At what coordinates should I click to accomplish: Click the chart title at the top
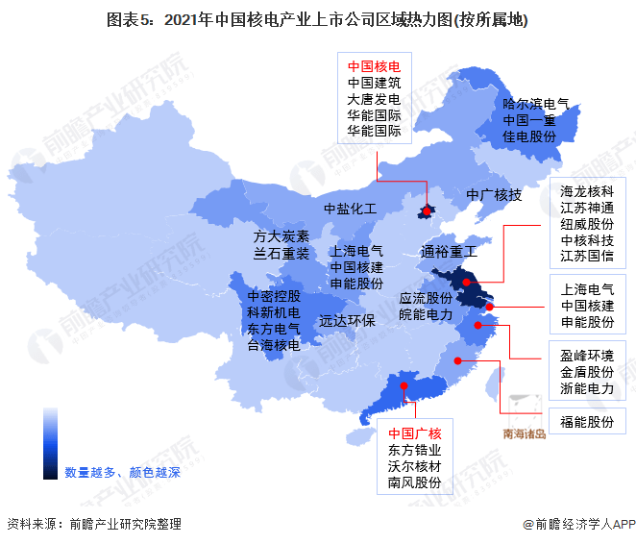[x=318, y=19]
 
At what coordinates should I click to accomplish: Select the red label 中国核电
[x=375, y=67]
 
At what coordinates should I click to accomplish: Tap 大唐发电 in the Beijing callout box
[x=375, y=99]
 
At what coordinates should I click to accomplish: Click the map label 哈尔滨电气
[x=536, y=104]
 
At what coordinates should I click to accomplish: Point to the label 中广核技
[x=494, y=195]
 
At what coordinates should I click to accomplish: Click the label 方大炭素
[x=281, y=236]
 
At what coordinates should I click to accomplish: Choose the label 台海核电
[x=274, y=345]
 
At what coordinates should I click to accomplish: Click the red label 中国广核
[x=414, y=433]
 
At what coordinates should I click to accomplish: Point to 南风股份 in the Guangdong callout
[x=414, y=482]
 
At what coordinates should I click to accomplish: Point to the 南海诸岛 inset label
[x=524, y=433]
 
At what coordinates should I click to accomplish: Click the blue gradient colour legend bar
[x=50, y=443]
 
